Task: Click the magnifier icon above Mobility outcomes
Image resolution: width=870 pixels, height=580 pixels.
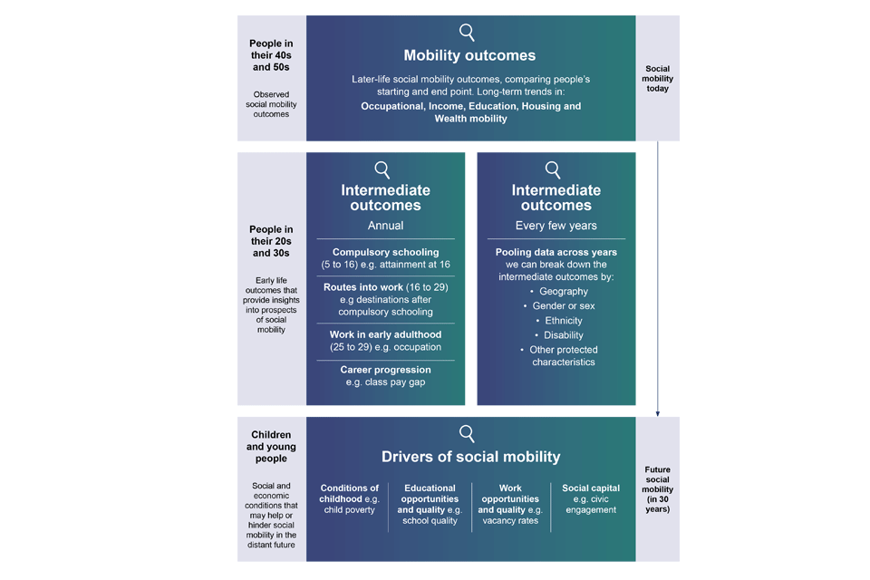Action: [467, 33]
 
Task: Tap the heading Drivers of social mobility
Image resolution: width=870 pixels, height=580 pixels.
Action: [469, 457]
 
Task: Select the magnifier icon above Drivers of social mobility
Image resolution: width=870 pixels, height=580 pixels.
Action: [467, 433]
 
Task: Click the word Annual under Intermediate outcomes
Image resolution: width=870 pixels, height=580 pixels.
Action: [385, 226]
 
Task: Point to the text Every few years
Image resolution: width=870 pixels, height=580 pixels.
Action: [556, 226]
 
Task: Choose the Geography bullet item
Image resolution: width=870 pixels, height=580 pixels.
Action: [563, 291]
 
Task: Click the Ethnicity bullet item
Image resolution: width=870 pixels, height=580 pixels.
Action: [563, 321]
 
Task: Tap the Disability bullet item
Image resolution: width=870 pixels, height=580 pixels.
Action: [563, 335]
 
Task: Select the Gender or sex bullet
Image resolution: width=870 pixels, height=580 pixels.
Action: [563, 306]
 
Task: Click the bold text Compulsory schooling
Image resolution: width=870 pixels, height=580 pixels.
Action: [385, 252]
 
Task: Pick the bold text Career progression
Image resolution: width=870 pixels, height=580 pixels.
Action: [385, 370]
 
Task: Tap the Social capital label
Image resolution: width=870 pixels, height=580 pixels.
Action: [591, 488]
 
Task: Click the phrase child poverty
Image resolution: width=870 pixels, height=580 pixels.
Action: [349, 510]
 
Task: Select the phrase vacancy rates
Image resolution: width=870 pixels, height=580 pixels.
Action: [510, 521]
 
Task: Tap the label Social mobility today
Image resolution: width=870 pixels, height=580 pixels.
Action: [658, 79]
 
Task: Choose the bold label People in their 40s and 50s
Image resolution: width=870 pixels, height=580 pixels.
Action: [271, 54]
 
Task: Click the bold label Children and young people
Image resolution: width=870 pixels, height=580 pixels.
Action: [271, 447]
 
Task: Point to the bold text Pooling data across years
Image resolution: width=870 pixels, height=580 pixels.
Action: [556, 252]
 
